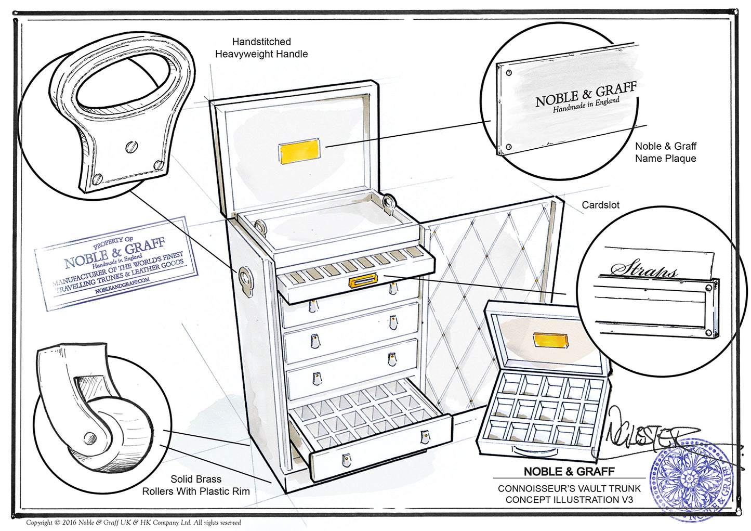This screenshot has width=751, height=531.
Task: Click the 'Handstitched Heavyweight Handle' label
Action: pyautogui.click(x=261, y=48)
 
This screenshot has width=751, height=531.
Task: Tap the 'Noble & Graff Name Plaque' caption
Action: pyautogui.click(x=665, y=152)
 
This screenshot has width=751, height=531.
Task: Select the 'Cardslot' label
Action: pyautogui.click(x=600, y=205)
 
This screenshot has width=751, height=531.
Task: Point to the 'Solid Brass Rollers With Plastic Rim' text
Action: pyautogui.click(x=196, y=485)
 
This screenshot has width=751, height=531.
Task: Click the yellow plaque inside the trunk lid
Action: pyautogui.click(x=299, y=152)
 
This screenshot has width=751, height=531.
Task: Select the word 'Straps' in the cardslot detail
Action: pyautogui.click(x=644, y=269)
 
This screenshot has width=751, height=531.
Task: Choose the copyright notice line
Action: pyautogui.click(x=134, y=523)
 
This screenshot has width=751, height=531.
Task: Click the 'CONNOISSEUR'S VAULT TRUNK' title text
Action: pyautogui.click(x=569, y=489)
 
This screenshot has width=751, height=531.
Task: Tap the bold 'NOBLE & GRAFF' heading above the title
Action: pyautogui.click(x=569, y=472)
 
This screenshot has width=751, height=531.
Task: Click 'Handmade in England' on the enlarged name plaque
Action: pyautogui.click(x=586, y=105)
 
